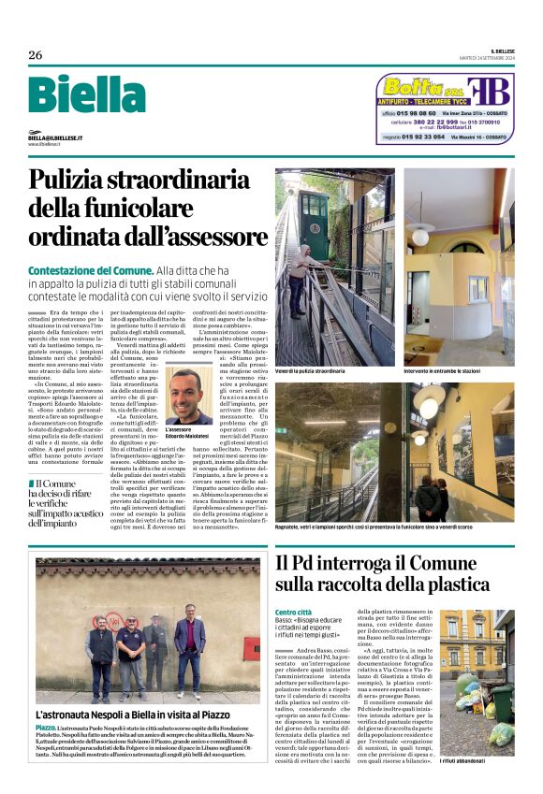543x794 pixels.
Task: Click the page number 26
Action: [x=36, y=55]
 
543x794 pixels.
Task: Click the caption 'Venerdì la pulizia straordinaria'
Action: [x=311, y=371]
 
